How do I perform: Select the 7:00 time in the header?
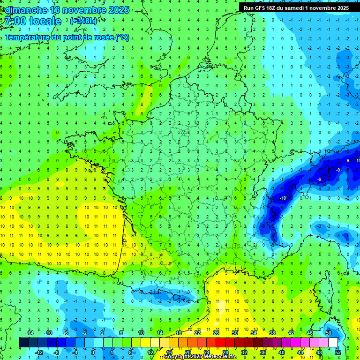pyautogui.click(x=14, y=21)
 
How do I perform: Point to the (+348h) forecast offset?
pyautogui.click(x=84, y=21)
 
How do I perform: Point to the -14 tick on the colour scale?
pyautogui.click(x=29, y=333)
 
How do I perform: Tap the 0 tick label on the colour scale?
pyautogui.click(x=93, y=352)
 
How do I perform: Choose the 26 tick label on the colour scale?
pyautogui.click(x=216, y=333)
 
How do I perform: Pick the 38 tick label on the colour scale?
pyautogui.click(x=272, y=333)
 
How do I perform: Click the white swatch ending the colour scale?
pyautogui.click(x=333, y=343)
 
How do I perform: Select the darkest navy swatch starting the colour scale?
pyautogui.click(x=24, y=343)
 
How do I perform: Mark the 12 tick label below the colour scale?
pyautogui.click(x=150, y=352)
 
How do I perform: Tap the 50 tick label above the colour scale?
pyautogui.click(x=329, y=333)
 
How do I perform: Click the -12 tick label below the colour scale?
pyautogui.click(x=39, y=352)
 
